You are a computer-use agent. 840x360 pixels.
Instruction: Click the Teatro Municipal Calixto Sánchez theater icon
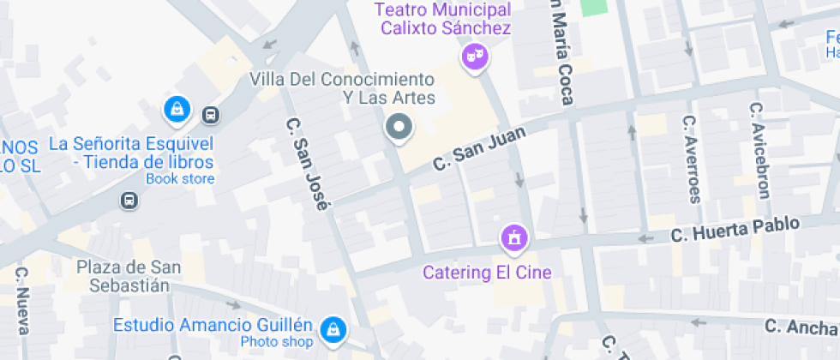point(474,57)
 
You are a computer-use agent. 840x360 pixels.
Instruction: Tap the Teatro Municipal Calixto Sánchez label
point(442,19)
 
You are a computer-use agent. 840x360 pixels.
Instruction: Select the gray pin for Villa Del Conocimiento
point(399,129)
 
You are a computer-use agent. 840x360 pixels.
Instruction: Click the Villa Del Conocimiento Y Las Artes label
point(342,88)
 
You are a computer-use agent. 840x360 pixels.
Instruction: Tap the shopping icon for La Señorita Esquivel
point(176,109)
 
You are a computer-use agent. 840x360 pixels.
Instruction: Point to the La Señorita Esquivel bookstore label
point(131,153)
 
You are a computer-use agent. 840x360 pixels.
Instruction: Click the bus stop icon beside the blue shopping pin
point(210,114)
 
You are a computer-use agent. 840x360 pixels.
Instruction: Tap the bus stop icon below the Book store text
point(129,201)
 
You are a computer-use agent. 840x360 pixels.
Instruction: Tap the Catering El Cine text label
point(487,273)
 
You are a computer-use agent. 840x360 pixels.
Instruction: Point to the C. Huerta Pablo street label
point(735,229)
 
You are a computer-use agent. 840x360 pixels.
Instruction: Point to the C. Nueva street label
point(22,300)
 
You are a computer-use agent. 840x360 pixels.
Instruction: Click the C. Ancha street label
point(802,326)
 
